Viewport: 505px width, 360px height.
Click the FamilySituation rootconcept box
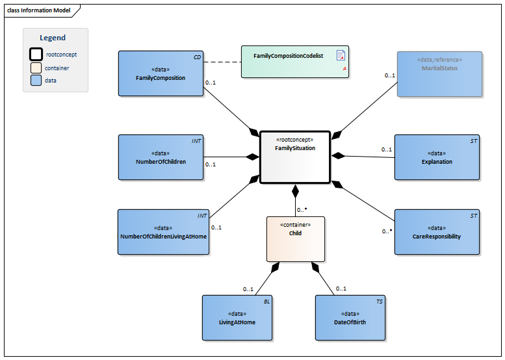click(x=295, y=158)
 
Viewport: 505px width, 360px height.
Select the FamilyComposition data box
click(x=161, y=73)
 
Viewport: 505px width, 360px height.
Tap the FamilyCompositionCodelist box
click(x=295, y=62)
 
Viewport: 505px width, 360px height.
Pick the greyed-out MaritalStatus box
click(x=439, y=74)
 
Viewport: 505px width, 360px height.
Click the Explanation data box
click(x=437, y=157)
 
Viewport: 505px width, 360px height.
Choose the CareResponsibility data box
click(x=437, y=232)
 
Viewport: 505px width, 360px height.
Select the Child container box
click(x=295, y=238)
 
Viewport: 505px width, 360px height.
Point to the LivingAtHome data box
click(x=237, y=317)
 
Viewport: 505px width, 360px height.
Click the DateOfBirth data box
click(x=350, y=317)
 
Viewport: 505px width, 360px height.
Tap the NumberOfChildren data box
click(x=161, y=157)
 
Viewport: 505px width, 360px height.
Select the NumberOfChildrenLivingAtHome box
click(x=163, y=232)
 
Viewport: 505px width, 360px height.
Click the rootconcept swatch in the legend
click(x=36, y=55)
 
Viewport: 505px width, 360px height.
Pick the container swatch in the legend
click(x=36, y=68)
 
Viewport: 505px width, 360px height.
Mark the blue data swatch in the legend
click(x=36, y=80)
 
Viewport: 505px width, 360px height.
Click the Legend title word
click(x=53, y=38)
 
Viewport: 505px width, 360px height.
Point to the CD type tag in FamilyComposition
click(x=197, y=57)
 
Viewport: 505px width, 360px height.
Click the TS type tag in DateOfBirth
click(x=380, y=302)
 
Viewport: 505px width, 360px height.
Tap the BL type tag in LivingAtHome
click(x=266, y=302)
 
